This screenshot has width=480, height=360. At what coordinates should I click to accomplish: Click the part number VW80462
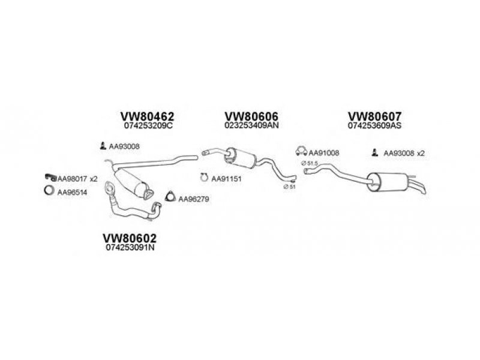tap(147, 116)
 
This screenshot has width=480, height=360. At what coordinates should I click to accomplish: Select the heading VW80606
tap(251, 116)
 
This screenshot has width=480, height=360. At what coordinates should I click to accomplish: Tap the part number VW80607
tap(374, 116)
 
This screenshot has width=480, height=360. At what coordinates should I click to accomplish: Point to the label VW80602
tap(130, 238)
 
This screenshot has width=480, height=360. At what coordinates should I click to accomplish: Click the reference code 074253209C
tap(148, 126)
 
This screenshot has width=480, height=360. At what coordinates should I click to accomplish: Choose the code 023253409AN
tap(251, 125)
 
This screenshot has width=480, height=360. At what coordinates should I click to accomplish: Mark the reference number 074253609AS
tap(374, 125)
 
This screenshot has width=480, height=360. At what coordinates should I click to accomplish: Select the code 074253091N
tap(130, 248)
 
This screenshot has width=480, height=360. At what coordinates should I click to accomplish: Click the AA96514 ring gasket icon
tap(49, 190)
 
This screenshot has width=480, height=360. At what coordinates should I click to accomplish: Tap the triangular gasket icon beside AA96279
tap(170, 197)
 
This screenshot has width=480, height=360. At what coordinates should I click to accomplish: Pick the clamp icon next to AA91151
tap(204, 177)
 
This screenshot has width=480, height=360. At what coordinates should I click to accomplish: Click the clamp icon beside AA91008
tap(301, 151)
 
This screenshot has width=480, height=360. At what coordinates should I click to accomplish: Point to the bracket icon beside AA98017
tap(50, 177)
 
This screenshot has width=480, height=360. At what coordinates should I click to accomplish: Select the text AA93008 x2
tap(404, 154)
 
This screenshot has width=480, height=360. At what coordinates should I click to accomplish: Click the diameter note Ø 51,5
tap(309, 163)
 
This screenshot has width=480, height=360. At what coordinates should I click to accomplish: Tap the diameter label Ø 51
tap(289, 187)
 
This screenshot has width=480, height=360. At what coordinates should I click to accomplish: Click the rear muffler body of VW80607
tap(388, 182)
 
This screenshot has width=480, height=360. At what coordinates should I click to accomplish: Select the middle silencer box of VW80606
tap(240, 158)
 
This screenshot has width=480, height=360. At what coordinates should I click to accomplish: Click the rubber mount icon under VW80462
tap(103, 146)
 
